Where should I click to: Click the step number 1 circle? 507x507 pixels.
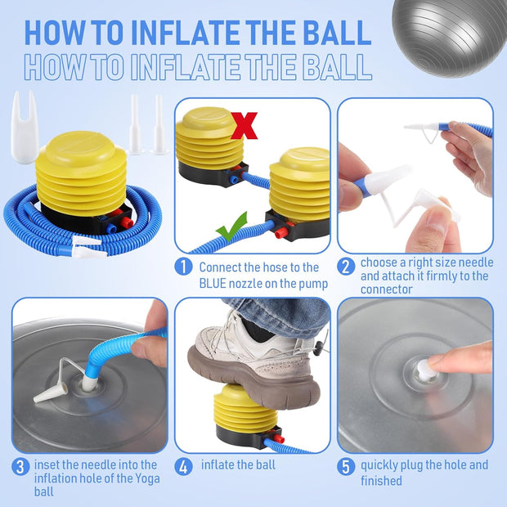183,267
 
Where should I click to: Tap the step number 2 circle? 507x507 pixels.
346,267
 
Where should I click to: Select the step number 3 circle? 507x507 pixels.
20,467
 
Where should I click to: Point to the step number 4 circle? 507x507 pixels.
183,467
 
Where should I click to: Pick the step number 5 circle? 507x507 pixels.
346,467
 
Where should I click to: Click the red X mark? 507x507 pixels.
245,125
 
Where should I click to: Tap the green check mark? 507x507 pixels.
231,227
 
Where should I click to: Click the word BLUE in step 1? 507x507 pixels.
213,284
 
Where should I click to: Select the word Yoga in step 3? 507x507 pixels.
147,479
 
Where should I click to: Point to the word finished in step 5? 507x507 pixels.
381,481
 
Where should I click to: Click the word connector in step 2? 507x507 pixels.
387,289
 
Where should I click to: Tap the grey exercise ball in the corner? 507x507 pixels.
450,38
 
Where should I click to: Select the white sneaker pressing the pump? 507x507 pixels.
255,360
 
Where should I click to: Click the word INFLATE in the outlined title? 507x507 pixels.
186,67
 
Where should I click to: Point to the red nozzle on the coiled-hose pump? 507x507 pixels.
127,222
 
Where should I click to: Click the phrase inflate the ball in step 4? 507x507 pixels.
238,465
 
